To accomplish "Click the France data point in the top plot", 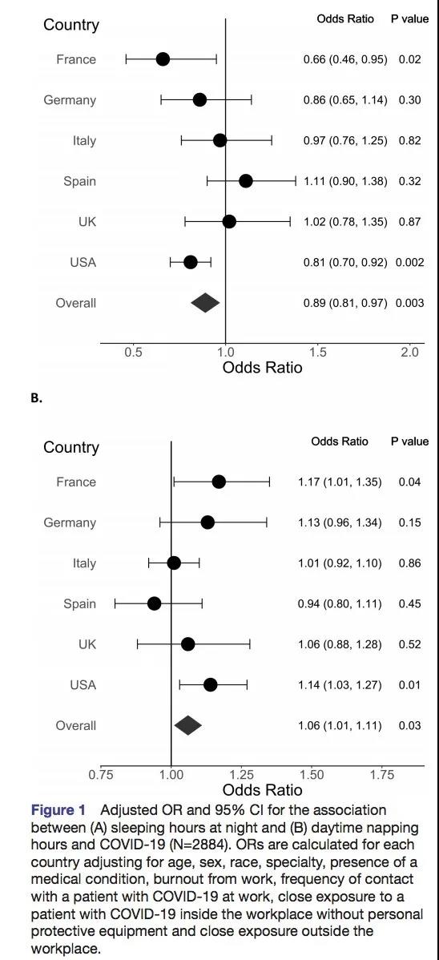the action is [x=163, y=59].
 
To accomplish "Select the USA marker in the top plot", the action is [x=191, y=263].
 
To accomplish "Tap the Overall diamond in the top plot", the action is [x=205, y=302].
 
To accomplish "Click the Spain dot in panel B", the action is [x=155, y=603].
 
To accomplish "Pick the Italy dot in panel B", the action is [x=174, y=563].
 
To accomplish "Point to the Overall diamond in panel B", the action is [x=188, y=725].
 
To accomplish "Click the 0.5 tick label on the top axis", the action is [x=133, y=352].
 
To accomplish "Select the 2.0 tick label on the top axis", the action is [x=409, y=352].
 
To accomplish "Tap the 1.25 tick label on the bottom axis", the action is [x=240, y=774].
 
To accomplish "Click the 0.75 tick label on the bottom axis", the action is [x=101, y=774].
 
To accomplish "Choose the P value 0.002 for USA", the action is [x=410, y=263].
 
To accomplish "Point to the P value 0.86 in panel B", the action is [x=409, y=563].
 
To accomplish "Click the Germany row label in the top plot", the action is [x=70, y=100].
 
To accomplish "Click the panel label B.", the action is [x=36, y=397].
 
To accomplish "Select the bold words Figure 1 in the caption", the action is [x=58, y=810].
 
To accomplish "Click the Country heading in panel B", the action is [x=71, y=448].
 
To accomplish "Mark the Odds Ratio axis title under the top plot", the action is [x=262, y=368].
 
